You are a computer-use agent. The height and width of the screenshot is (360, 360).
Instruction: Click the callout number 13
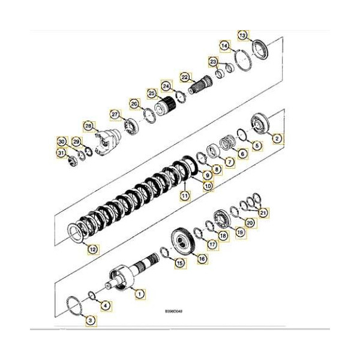pos(242,36)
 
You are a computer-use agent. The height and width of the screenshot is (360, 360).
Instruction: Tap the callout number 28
pos(88,127)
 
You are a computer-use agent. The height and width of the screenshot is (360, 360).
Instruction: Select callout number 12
pos(92,248)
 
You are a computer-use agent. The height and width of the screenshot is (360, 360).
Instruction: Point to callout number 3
pos(90,322)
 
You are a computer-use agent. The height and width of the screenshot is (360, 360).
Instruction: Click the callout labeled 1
pos(140,294)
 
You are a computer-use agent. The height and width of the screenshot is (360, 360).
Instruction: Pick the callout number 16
pos(202,259)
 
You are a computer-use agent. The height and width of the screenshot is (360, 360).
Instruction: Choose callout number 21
pos(262,213)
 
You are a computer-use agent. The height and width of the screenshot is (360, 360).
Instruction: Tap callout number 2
pos(277,139)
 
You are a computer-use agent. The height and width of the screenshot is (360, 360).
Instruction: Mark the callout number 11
pos(185,195)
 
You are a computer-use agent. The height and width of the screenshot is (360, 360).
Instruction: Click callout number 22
pos(185,77)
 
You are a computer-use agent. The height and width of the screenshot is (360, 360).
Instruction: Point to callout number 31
pos(61,152)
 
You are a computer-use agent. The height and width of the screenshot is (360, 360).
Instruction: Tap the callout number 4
pos(106,305)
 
